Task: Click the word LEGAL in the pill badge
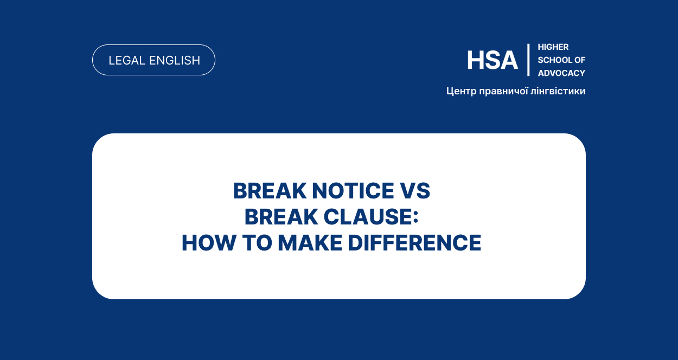[x=127, y=60]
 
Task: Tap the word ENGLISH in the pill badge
[x=175, y=60]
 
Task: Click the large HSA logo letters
[x=492, y=60]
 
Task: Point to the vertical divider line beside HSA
[x=528, y=60]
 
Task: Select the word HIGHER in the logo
[x=553, y=47]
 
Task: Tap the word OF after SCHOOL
[x=580, y=60]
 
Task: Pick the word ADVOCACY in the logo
[x=561, y=73]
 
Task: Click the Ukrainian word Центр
[x=461, y=91]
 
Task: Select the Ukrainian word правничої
[x=504, y=91]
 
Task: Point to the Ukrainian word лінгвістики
[x=558, y=91]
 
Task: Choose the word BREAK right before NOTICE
[x=270, y=191]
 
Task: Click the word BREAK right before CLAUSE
[x=281, y=217]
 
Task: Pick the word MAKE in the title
[x=310, y=243]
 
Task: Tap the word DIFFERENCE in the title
[x=414, y=243]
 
